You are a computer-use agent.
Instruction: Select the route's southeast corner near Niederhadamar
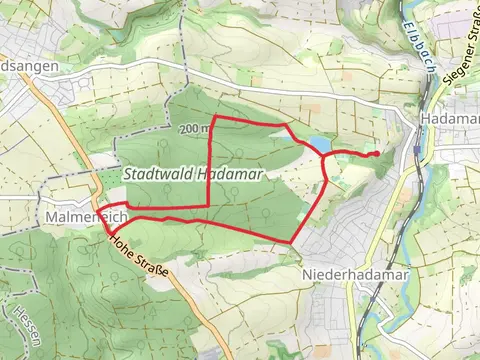pyautogui.click(x=291, y=241)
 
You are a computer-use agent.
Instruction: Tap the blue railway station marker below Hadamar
pyautogui.click(x=414, y=151)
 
